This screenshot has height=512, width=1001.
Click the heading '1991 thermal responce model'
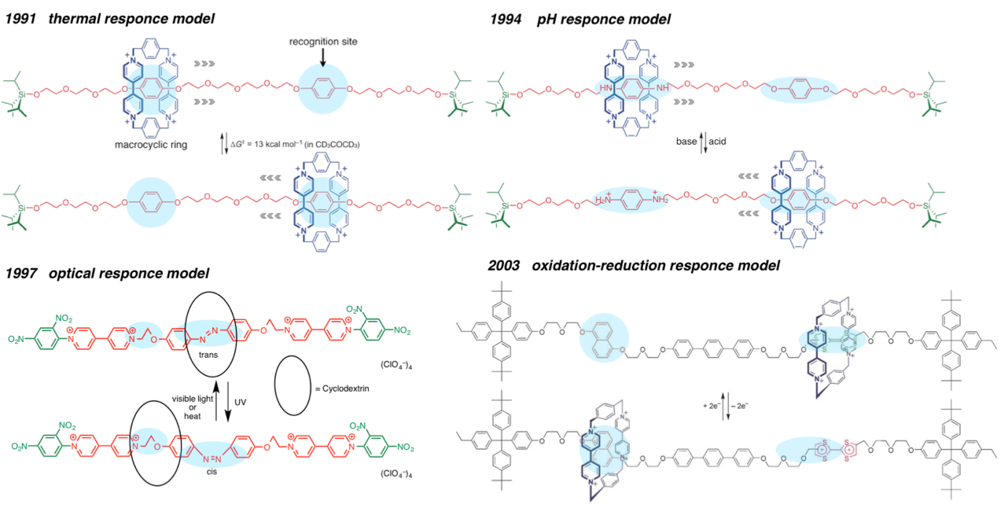(x=110, y=17)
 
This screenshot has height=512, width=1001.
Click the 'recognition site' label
(x=322, y=41)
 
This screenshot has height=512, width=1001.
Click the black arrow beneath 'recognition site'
(x=322, y=58)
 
